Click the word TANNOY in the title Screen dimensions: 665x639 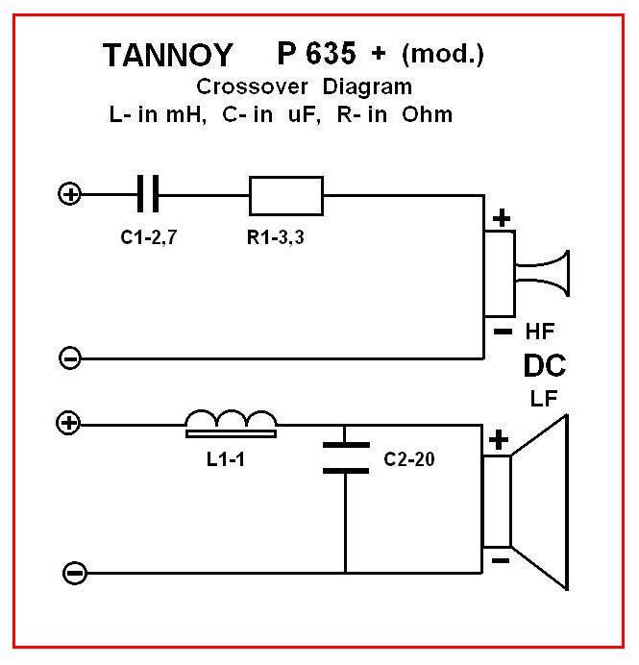click(169, 57)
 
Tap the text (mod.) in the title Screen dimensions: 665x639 click(443, 55)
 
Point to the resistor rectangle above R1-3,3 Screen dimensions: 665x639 click(285, 195)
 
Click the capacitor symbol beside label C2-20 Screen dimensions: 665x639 click(345, 456)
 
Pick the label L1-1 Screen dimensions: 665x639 click(227, 458)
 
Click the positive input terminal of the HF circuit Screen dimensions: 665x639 click(69, 195)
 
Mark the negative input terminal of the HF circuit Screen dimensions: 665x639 click(69, 358)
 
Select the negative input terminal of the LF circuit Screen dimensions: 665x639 click(73, 574)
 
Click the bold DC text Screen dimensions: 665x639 click(544, 366)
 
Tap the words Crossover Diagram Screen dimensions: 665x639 click(303, 86)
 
